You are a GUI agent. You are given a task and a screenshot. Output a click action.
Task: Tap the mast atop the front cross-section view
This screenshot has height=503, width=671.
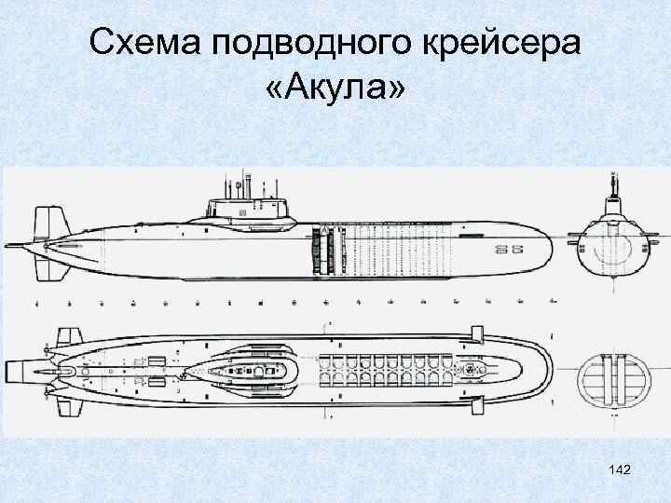click(612, 186)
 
